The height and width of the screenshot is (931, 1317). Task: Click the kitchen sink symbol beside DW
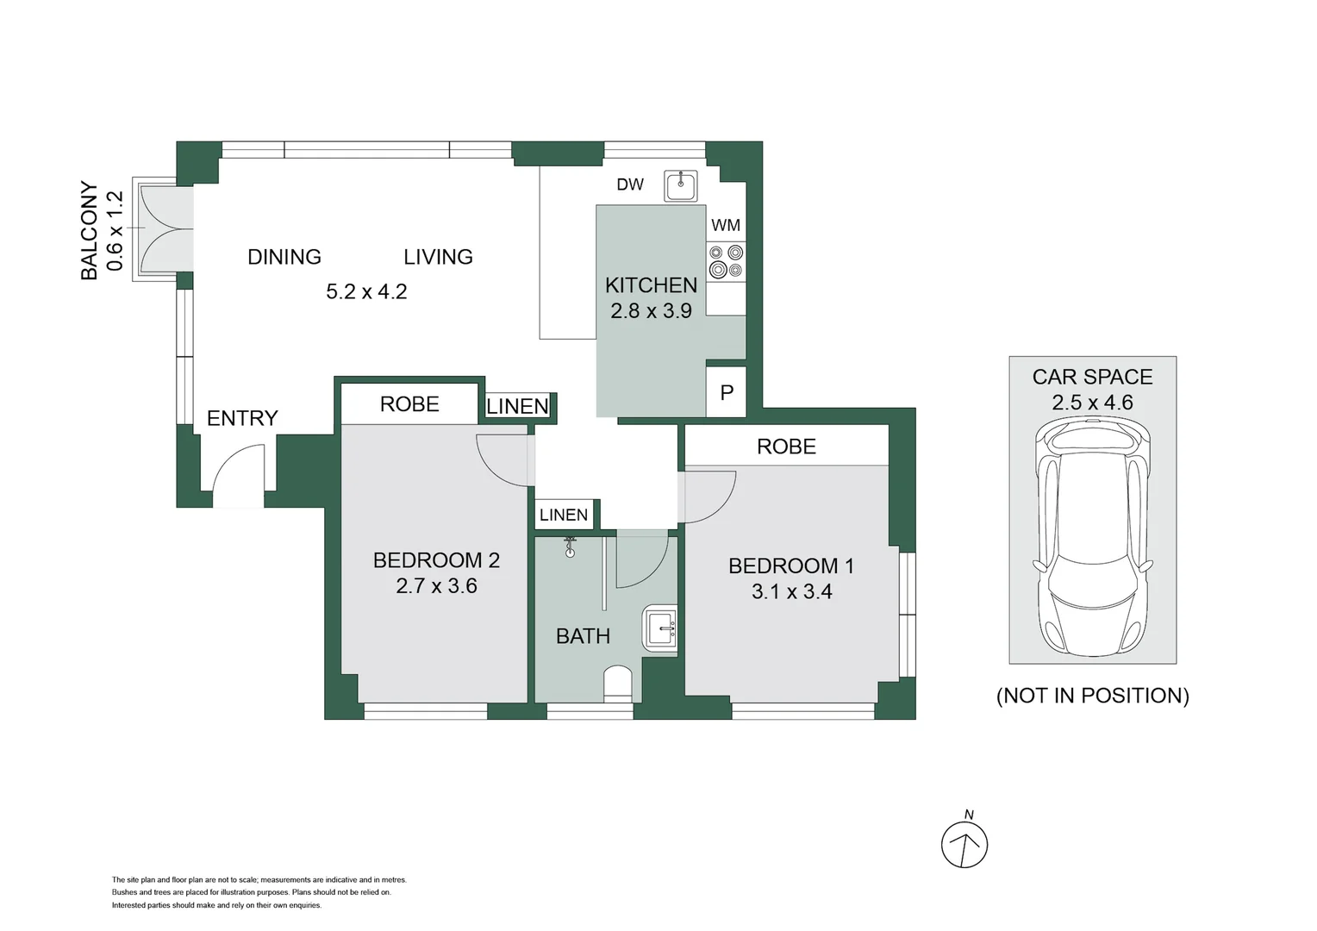680,185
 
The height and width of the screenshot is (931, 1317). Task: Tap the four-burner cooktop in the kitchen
726,261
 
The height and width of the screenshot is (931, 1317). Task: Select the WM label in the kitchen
726,225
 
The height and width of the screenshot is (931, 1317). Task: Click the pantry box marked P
727,392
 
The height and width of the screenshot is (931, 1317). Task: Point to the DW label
630,184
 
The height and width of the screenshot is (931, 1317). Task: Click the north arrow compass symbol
964,843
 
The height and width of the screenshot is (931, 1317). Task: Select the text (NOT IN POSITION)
1092,696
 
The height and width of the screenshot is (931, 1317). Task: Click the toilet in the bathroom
618,684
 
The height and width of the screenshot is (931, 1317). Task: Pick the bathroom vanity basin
661,628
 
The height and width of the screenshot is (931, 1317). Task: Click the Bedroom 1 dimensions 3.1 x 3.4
791,591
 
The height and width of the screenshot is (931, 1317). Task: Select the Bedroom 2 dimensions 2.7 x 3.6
436,586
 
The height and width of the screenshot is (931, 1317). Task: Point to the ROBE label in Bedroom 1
786,447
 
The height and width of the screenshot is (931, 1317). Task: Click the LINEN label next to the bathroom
564,515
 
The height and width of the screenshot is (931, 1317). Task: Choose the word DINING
284,257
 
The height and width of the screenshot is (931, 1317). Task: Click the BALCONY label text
89,230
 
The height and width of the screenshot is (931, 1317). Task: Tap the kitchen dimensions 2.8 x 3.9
651,311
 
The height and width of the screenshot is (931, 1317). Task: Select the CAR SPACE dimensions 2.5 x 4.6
1092,403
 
